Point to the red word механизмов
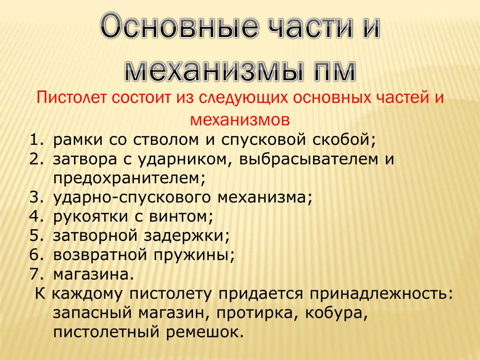[240, 120]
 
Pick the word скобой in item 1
[344, 140]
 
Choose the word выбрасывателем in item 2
[308, 159]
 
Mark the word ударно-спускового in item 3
[132, 198]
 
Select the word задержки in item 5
[184, 236]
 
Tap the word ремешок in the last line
[202, 332]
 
